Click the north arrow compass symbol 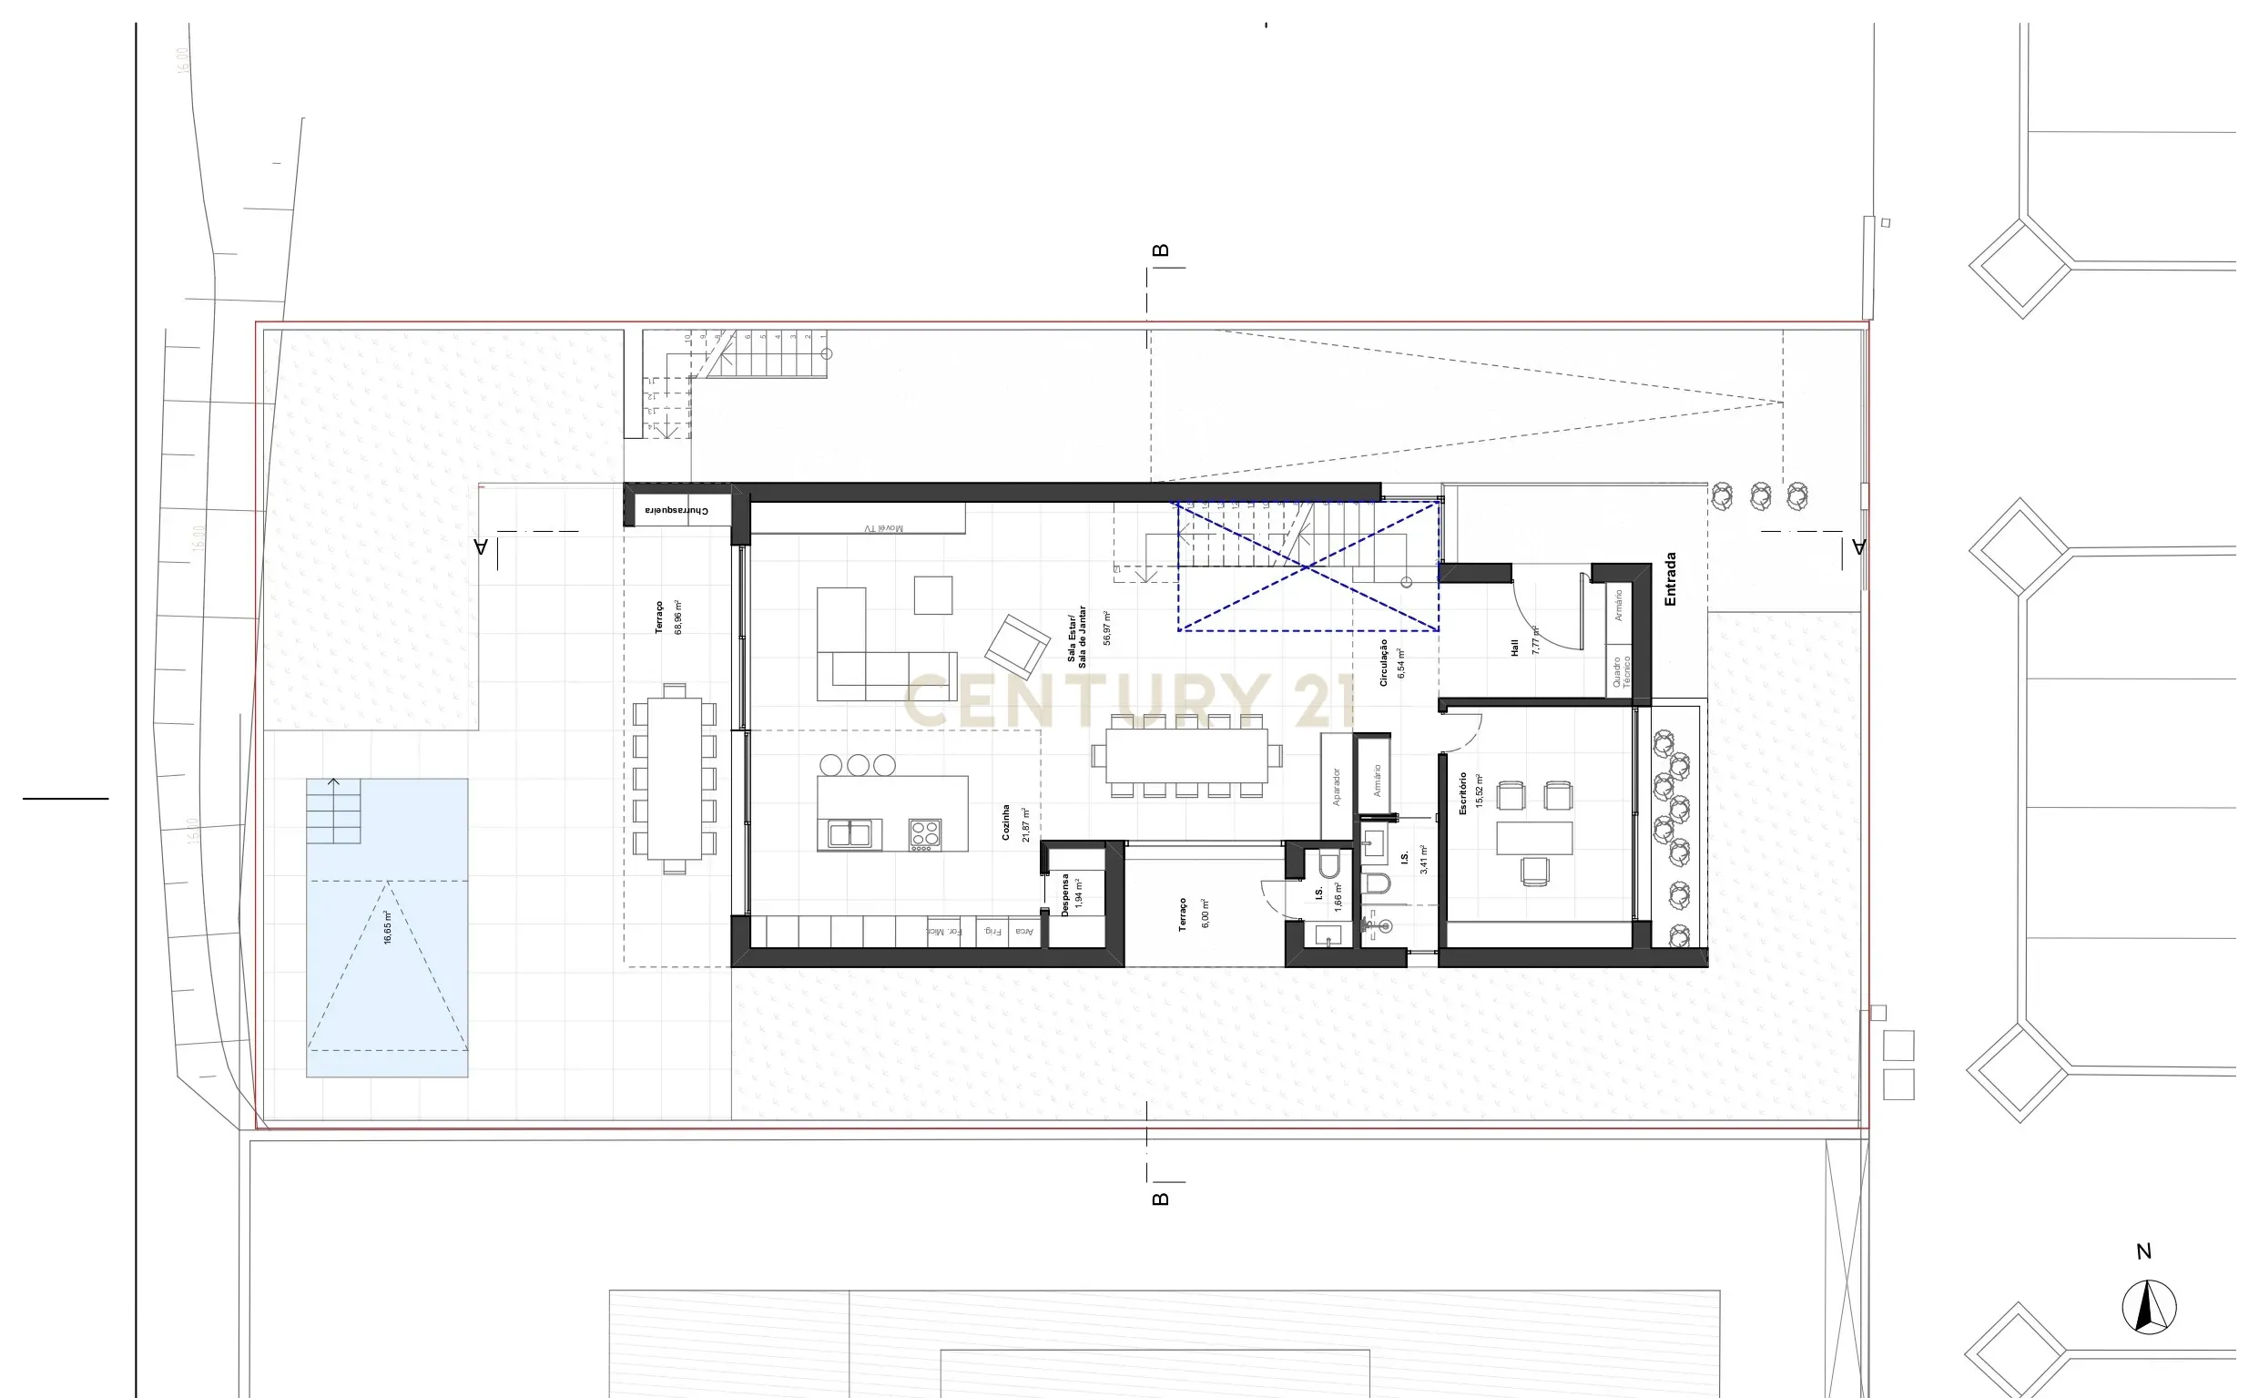tap(2149, 1308)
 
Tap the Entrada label tap(1670, 580)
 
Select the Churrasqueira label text tap(677, 510)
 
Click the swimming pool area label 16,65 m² tap(388, 927)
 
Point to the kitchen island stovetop tap(924, 834)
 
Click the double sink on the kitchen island tap(850, 834)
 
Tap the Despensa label tap(1065, 894)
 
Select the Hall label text tap(1515, 648)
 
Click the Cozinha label tap(1006, 822)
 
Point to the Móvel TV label tap(883, 529)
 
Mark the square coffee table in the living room tap(932, 595)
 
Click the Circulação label tap(1384, 662)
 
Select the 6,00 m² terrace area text tap(1205, 913)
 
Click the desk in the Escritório tap(1534, 838)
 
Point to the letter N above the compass tap(2144, 1252)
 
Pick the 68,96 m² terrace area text tap(679, 617)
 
